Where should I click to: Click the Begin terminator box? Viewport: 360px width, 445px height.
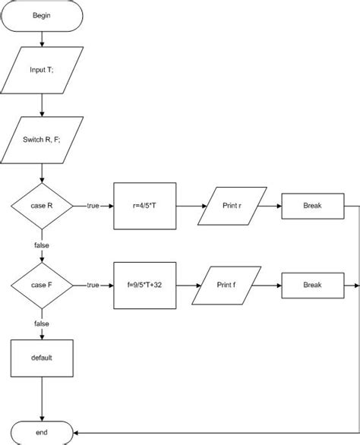coord(42,15)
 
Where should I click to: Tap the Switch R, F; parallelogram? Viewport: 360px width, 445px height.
coord(42,140)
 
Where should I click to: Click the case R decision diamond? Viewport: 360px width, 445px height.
coord(42,206)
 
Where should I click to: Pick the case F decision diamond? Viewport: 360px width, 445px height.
coord(42,285)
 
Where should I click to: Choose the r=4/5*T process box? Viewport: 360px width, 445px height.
coord(144,206)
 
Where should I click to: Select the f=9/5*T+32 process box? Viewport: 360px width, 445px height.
coord(144,285)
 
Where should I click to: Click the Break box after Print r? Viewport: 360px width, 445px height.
coord(312,206)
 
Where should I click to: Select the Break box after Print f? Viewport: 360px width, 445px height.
coord(312,285)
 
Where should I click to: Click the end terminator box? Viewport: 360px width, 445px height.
coord(42,431)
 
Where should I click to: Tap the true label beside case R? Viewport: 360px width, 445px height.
coord(93,206)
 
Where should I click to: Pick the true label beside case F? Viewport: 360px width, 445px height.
coord(93,285)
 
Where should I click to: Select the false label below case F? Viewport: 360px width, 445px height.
coord(42,323)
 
